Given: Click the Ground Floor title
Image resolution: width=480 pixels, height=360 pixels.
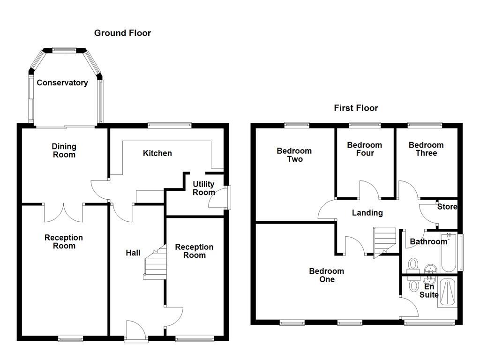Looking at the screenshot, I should click(x=122, y=33).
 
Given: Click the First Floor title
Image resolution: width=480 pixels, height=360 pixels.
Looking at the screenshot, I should click(x=356, y=108).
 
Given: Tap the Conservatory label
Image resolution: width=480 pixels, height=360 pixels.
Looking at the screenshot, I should click(x=62, y=83).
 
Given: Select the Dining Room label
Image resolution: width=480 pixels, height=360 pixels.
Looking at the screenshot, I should click(x=64, y=150).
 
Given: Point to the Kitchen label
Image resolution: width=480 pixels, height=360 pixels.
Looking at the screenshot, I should click(x=157, y=153).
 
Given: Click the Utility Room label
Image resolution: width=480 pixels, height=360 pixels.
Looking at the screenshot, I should click(x=203, y=188).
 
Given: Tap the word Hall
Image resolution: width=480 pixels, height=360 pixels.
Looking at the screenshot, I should click(x=133, y=253).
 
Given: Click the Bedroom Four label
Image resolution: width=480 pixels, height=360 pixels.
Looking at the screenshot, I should click(x=364, y=149).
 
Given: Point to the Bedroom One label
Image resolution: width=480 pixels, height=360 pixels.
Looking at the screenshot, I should click(x=327, y=275).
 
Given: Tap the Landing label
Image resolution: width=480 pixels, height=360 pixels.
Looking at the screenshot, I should click(x=367, y=213).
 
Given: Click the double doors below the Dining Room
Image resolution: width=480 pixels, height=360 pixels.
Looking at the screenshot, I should click(x=64, y=213).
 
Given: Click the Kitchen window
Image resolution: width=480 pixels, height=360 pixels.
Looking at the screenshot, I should click(x=169, y=125).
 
